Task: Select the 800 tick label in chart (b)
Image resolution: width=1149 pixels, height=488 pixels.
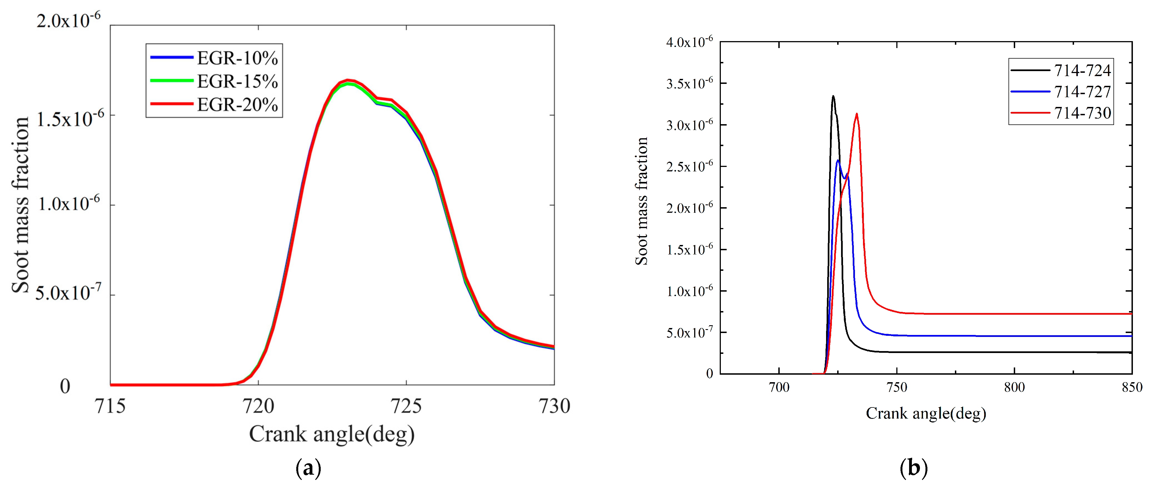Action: pos(1014,387)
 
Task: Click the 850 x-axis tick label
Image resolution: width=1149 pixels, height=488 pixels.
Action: pos(1132,387)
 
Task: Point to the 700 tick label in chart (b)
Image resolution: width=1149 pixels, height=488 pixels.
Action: pos(779,387)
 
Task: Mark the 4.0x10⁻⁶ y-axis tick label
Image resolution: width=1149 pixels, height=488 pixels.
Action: pos(689,42)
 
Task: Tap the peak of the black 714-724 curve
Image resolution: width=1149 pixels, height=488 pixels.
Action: pos(833,96)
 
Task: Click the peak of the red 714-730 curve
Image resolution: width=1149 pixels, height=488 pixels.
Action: pos(856,114)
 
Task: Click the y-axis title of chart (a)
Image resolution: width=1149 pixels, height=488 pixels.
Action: pos(20,205)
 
